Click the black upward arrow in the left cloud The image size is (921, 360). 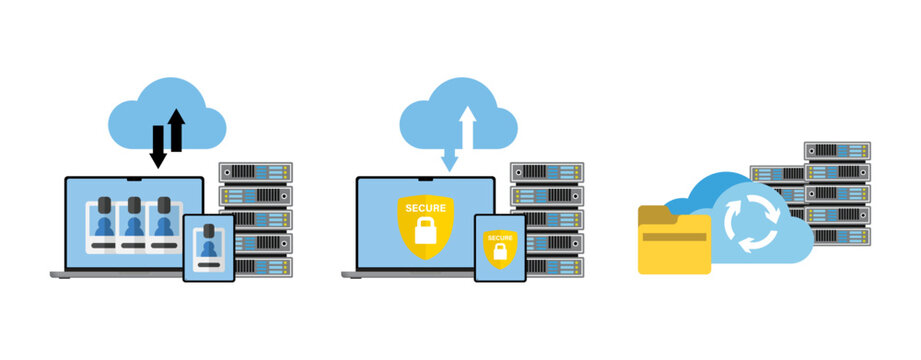(x=177, y=130)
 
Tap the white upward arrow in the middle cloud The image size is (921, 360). (x=466, y=129)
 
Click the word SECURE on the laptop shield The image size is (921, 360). (x=425, y=207)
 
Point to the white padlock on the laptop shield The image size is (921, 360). (x=425, y=228)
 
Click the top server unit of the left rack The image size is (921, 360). (x=256, y=172)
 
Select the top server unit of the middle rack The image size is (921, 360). (x=547, y=172)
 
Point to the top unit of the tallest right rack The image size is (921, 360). (x=837, y=151)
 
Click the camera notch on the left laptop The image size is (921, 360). (x=134, y=181)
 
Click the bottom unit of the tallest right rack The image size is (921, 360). (x=837, y=236)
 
